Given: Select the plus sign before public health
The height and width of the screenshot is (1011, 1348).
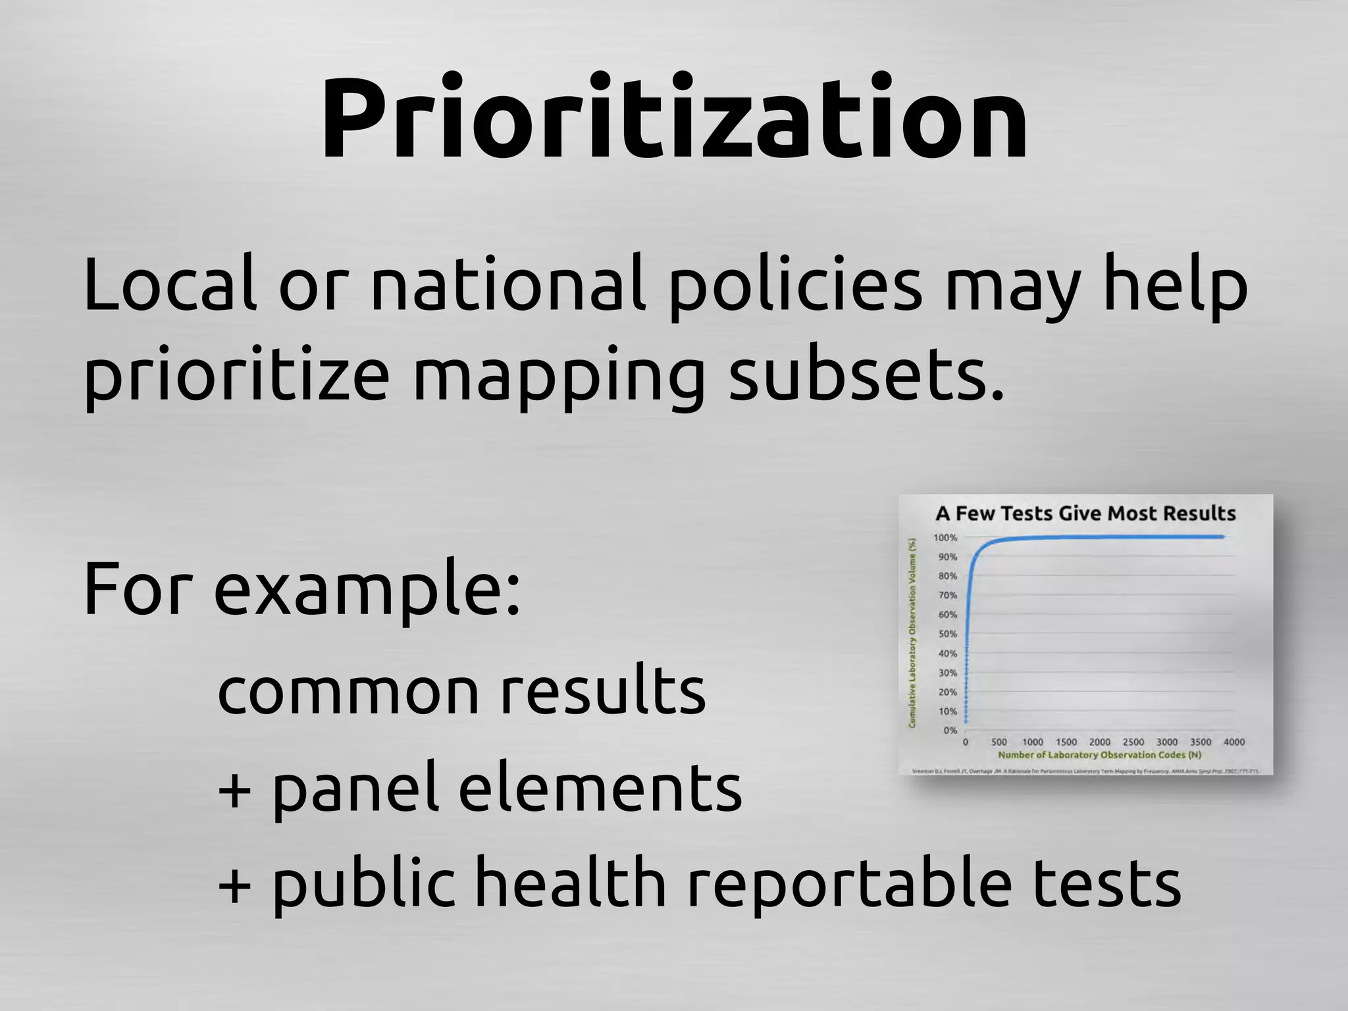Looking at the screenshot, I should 234,885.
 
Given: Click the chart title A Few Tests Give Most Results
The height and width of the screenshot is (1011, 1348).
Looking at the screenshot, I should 1085,513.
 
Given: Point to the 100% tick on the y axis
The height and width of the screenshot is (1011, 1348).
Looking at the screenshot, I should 945,538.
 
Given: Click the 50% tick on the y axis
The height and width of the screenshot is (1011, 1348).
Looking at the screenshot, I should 947,634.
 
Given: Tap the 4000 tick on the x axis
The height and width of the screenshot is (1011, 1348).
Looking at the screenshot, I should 1233,742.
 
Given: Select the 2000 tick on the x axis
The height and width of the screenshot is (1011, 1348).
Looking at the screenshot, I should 1099,742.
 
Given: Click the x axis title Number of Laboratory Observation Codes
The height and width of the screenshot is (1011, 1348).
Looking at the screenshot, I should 1099,755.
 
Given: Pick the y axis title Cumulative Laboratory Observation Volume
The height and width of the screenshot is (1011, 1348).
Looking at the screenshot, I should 912,633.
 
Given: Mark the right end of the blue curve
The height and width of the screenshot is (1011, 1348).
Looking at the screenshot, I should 1223,536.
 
